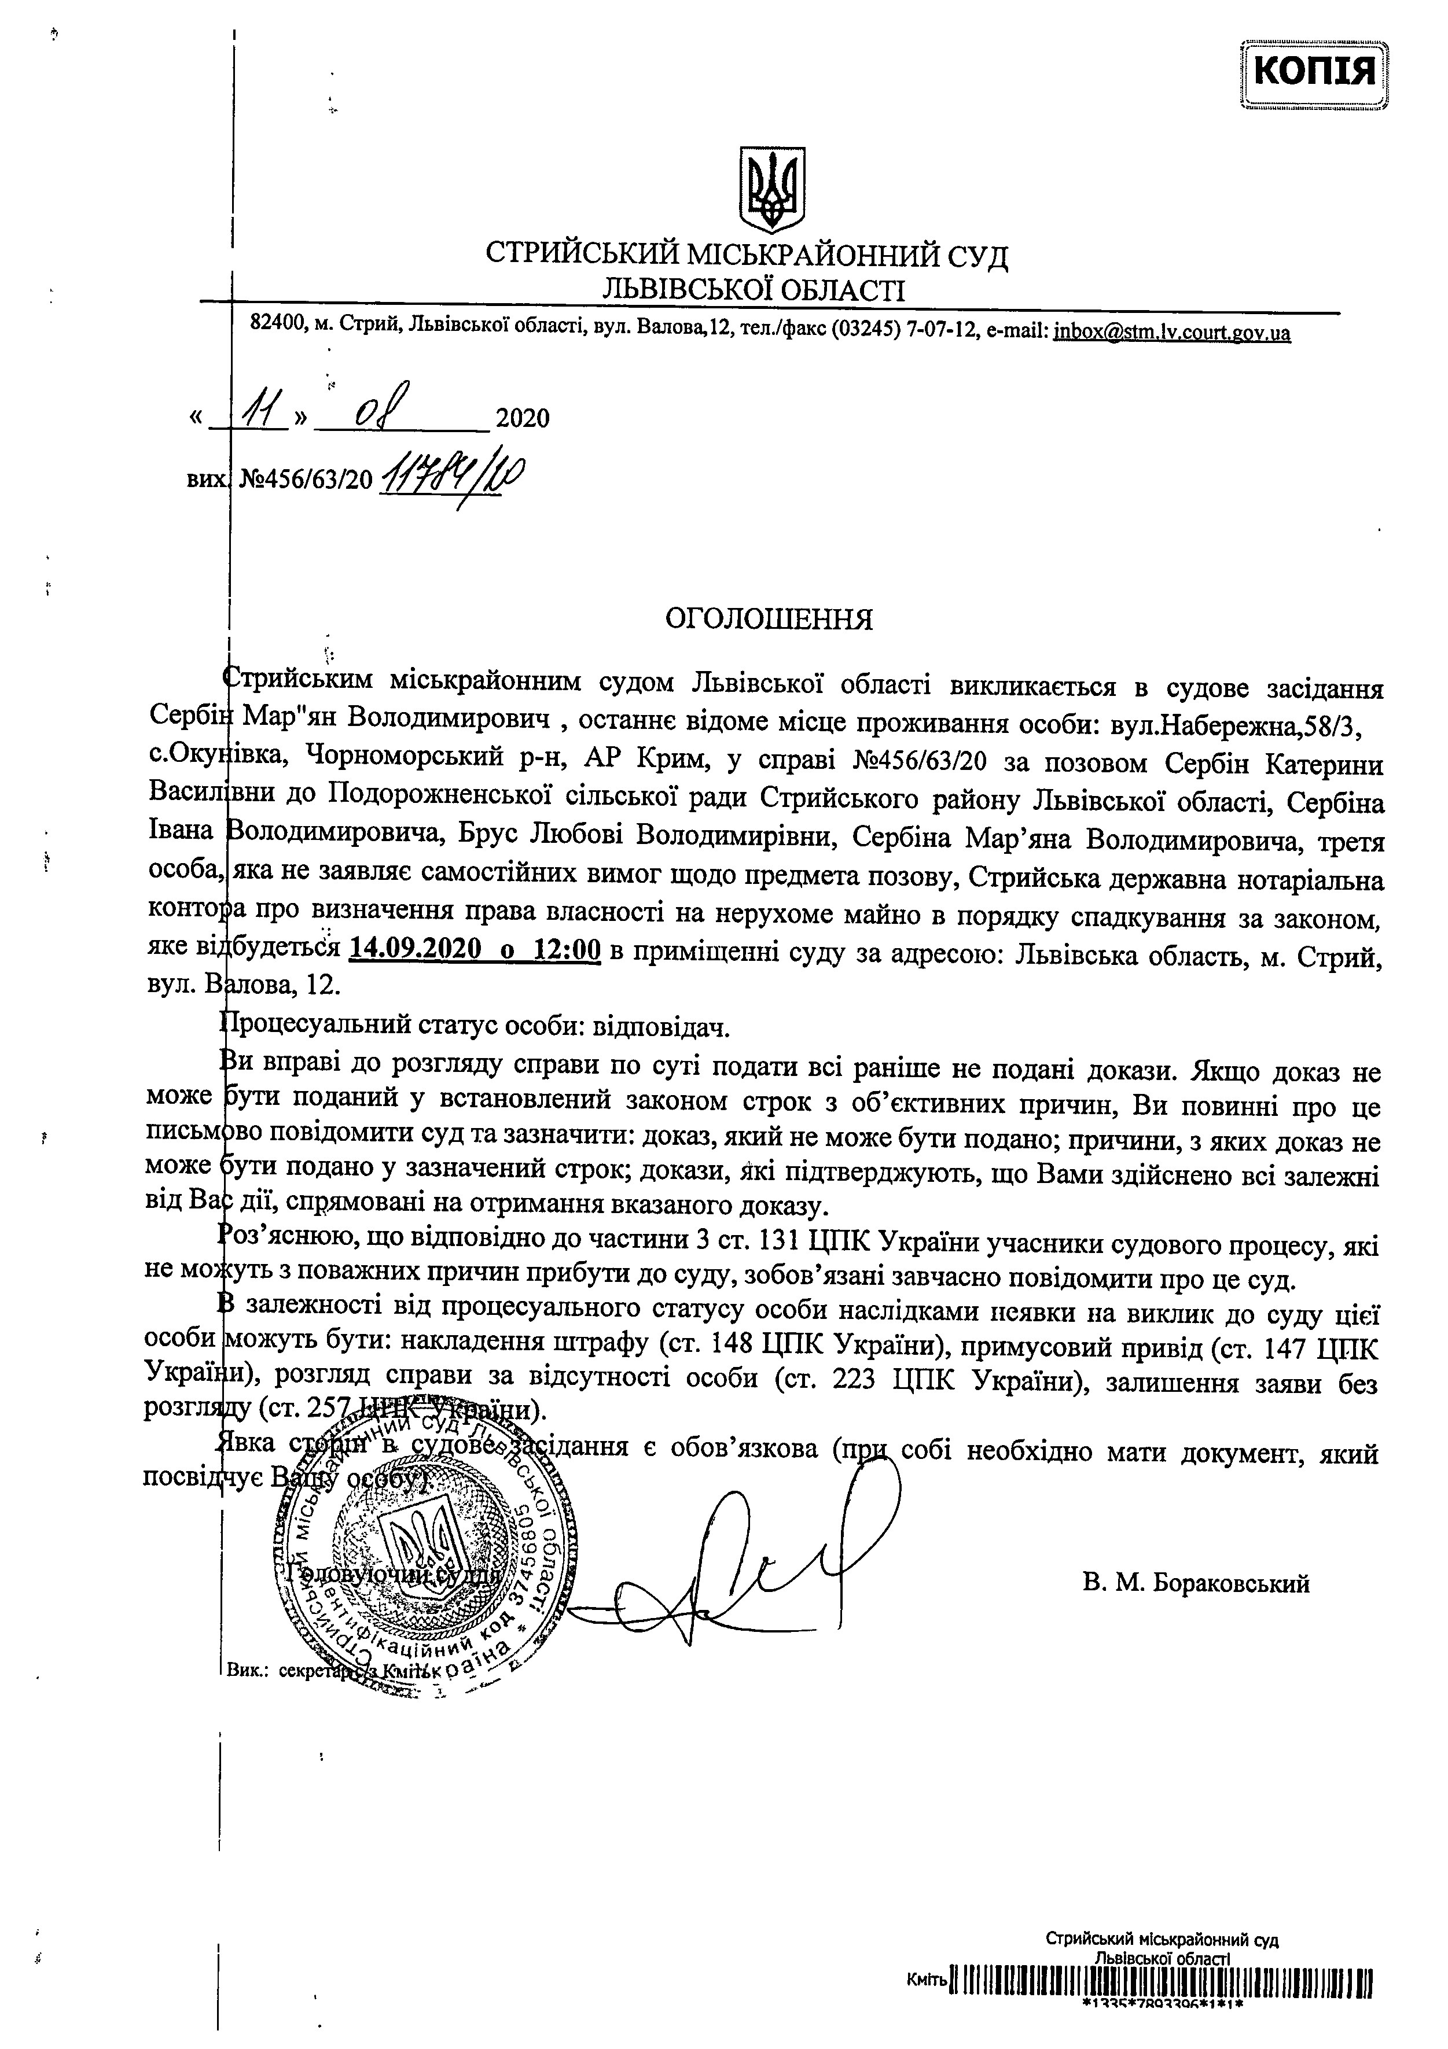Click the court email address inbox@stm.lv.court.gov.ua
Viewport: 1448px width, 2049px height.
[x=1172, y=333]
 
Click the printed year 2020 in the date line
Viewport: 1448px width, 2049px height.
[x=522, y=418]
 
